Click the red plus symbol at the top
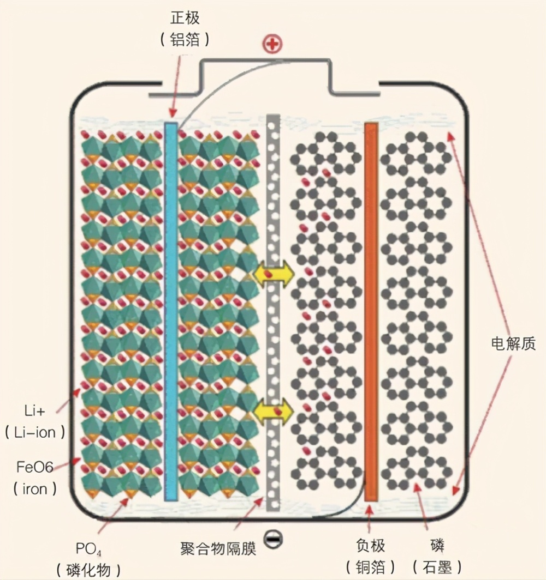(x=271, y=44)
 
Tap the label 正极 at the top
(x=185, y=18)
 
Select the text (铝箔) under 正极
(x=185, y=40)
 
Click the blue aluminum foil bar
(x=171, y=311)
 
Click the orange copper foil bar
(x=371, y=311)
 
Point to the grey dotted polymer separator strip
(x=273, y=338)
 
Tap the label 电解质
(x=513, y=343)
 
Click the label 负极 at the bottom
(x=371, y=545)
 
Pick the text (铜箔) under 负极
(x=371, y=567)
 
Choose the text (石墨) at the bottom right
(x=437, y=567)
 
